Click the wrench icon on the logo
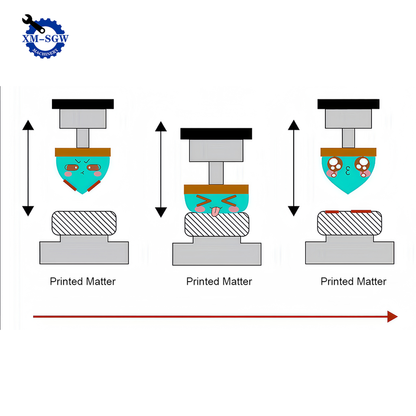coord(33,23)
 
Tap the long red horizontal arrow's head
coord(392,317)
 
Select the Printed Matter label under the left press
coord(83,282)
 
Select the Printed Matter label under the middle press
coord(219,282)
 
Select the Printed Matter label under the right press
coord(353,282)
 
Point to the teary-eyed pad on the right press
coord(348,171)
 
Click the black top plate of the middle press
coord(216,133)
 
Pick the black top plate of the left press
coord(83,104)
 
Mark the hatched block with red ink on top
coord(350,223)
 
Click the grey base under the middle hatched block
coord(217,253)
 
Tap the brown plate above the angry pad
coord(83,152)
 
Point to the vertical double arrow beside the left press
coord(28,168)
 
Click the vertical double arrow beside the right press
coord(294,168)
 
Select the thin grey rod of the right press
coord(348,138)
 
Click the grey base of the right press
coord(350,252)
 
